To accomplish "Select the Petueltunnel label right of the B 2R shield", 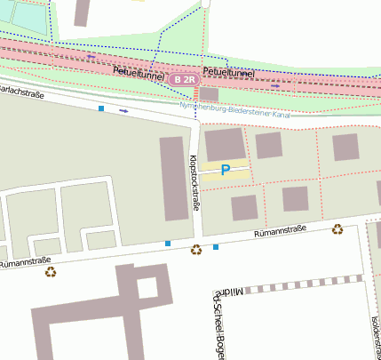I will [228, 71].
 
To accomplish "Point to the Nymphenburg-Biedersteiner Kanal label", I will [235, 109].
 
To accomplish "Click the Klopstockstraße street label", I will [194, 182].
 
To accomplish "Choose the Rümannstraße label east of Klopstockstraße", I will [280, 231].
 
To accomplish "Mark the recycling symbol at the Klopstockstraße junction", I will [196, 250].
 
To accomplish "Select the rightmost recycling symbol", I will [337, 229].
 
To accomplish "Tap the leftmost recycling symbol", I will [50, 272].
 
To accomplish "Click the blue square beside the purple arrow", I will [101, 108].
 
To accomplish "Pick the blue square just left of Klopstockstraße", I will [168, 243].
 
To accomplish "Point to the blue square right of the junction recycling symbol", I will [215, 246].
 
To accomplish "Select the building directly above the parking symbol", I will [224, 143].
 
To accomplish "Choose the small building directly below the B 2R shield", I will [209, 93].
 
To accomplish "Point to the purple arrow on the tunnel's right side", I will [274, 86].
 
